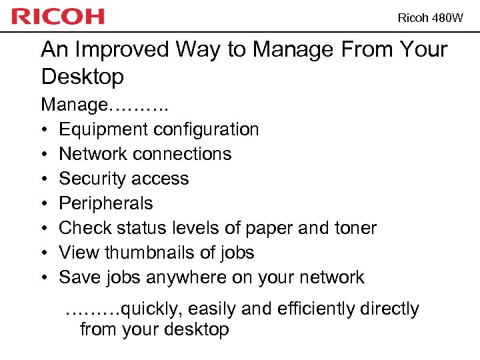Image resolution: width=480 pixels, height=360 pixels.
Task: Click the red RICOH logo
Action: coord(58,17)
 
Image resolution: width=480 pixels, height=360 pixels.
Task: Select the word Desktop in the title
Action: coord(82,77)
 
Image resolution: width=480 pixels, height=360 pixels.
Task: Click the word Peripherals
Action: coord(106,203)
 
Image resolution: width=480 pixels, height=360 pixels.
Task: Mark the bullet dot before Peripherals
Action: coord(44,204)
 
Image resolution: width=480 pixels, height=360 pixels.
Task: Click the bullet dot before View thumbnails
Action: coord(44,253)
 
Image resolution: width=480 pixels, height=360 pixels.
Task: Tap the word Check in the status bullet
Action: coord(81,228)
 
